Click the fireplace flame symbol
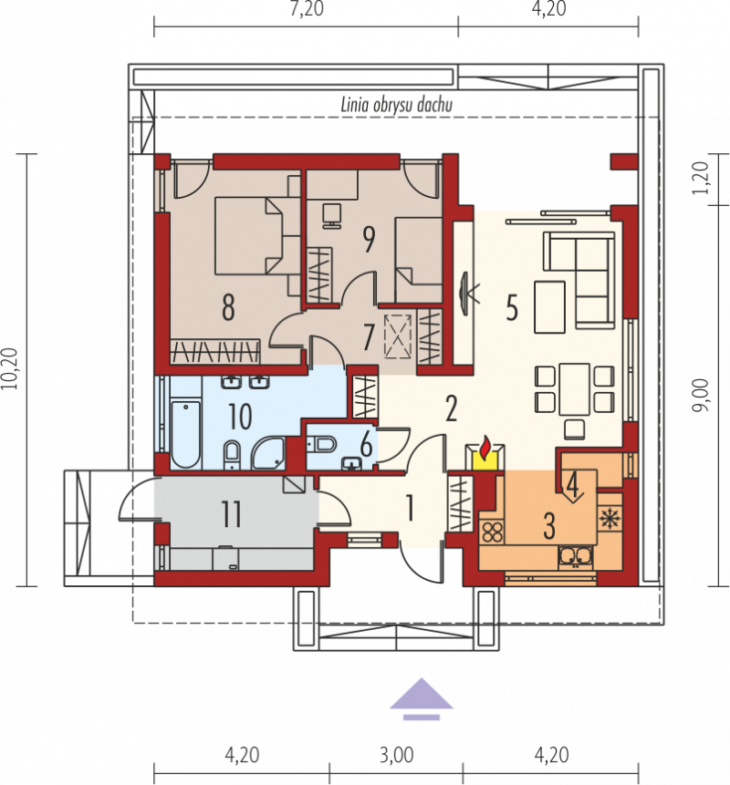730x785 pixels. click(485, 449)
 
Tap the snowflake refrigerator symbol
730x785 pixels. click(610, 519)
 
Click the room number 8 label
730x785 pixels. click(228, 307)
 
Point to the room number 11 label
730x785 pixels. click(232, 513)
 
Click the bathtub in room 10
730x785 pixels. click(185, 433)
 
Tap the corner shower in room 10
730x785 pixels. click(268, 453)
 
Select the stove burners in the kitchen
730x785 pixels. click(493, 532)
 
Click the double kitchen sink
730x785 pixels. click(576, 557)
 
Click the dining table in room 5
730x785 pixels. click(575, 389)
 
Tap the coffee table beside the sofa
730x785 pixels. click(549, 307)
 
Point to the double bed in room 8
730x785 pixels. click(248, 236)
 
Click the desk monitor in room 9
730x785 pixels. click(331, 215)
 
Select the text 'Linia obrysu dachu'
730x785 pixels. click(396, 105)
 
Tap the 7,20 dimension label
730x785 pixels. click(307, 8)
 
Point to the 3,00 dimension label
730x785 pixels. click(396, 755)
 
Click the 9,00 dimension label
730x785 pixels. click(701, 395)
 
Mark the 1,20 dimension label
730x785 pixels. click(701, 179)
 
